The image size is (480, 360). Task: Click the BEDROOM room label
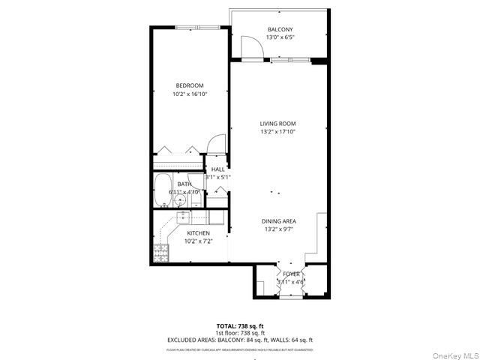pyautogui.click(x=190, y=85)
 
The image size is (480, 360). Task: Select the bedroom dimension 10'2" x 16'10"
pyautogui.click(x=190, y=94)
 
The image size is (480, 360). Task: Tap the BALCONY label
pyautogui.click(x=279, y=30)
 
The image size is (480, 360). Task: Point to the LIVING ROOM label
pyautogui.click(x=277, y=124)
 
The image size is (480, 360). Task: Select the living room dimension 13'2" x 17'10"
pyautogui.click(x=277, y=132)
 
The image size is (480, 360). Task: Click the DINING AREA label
pyautogui.click(x=278, y=221)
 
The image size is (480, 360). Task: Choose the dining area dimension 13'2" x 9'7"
pyautogui.click(x=278, y=229)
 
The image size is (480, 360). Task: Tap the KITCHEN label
pyautogui.click(x=199, y=233)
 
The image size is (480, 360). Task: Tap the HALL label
pyautogui.click(x=217, y=169)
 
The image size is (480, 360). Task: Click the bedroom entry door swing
pyautogui.click(x=217, y=143)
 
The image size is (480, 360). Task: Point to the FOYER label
pyautogui.click(x=291, y=274)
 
